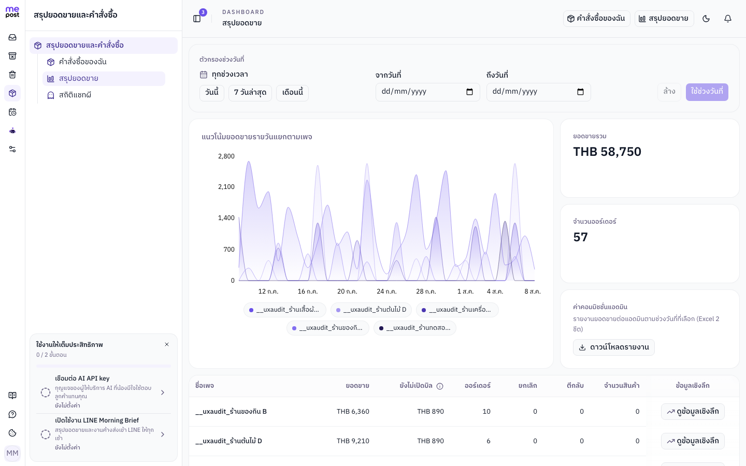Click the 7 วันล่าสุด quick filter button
(x=250, y=92)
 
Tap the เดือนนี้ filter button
(x=292, y=92)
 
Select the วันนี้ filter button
(x=212, y=92)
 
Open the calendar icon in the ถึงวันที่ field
(x=580, y=92)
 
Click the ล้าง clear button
(x=669, y=92)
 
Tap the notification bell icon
(x=728, y=19)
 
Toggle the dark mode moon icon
(x=706, y=19)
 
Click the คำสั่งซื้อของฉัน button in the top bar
(x=596, y=19)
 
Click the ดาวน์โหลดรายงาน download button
(x=614, y=347)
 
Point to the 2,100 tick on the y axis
(x=226, y=187)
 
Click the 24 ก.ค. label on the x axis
(x=386, y=292)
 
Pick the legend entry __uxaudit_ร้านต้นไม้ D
(x=371, y=310)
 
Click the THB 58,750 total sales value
(x=607, y=152)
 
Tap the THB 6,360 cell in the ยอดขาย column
(x=353, y=412)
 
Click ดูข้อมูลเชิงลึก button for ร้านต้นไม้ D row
(x=693, y=441)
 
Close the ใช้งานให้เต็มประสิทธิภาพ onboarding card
(x=167, y=344)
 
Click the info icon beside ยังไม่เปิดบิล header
(x=440, y=386)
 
